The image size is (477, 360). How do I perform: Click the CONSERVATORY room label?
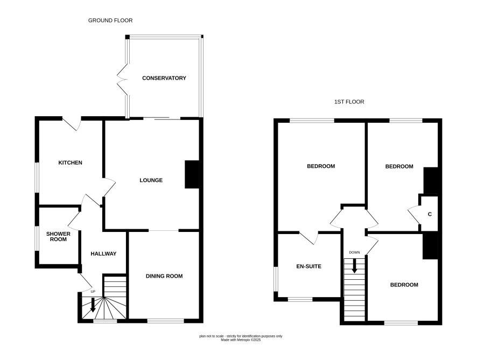coord(164,78)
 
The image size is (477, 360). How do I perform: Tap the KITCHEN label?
coord(71,163)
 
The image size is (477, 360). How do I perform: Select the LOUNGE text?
coord(151,180)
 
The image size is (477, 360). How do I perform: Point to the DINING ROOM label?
coord(164,276)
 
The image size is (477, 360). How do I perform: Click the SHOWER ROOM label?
coord(58,237)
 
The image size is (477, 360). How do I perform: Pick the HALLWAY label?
coord(103,253)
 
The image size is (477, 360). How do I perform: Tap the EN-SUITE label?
coord(309,266)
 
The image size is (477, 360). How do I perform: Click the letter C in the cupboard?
coord(430,214)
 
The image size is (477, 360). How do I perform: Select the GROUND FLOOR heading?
coord(110,20)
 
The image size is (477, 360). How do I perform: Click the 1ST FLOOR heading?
coord(349,102)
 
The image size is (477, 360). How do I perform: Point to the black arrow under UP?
coord(93,305)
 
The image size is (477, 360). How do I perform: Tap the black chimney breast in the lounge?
coord(192,174)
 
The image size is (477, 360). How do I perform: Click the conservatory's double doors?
coord(122,79)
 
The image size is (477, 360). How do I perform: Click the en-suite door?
coord(308,238)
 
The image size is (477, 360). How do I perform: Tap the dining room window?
coord(166,321)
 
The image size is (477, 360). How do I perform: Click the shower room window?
coord(37,238)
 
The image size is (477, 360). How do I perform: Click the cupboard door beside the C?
coord(414,215)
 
